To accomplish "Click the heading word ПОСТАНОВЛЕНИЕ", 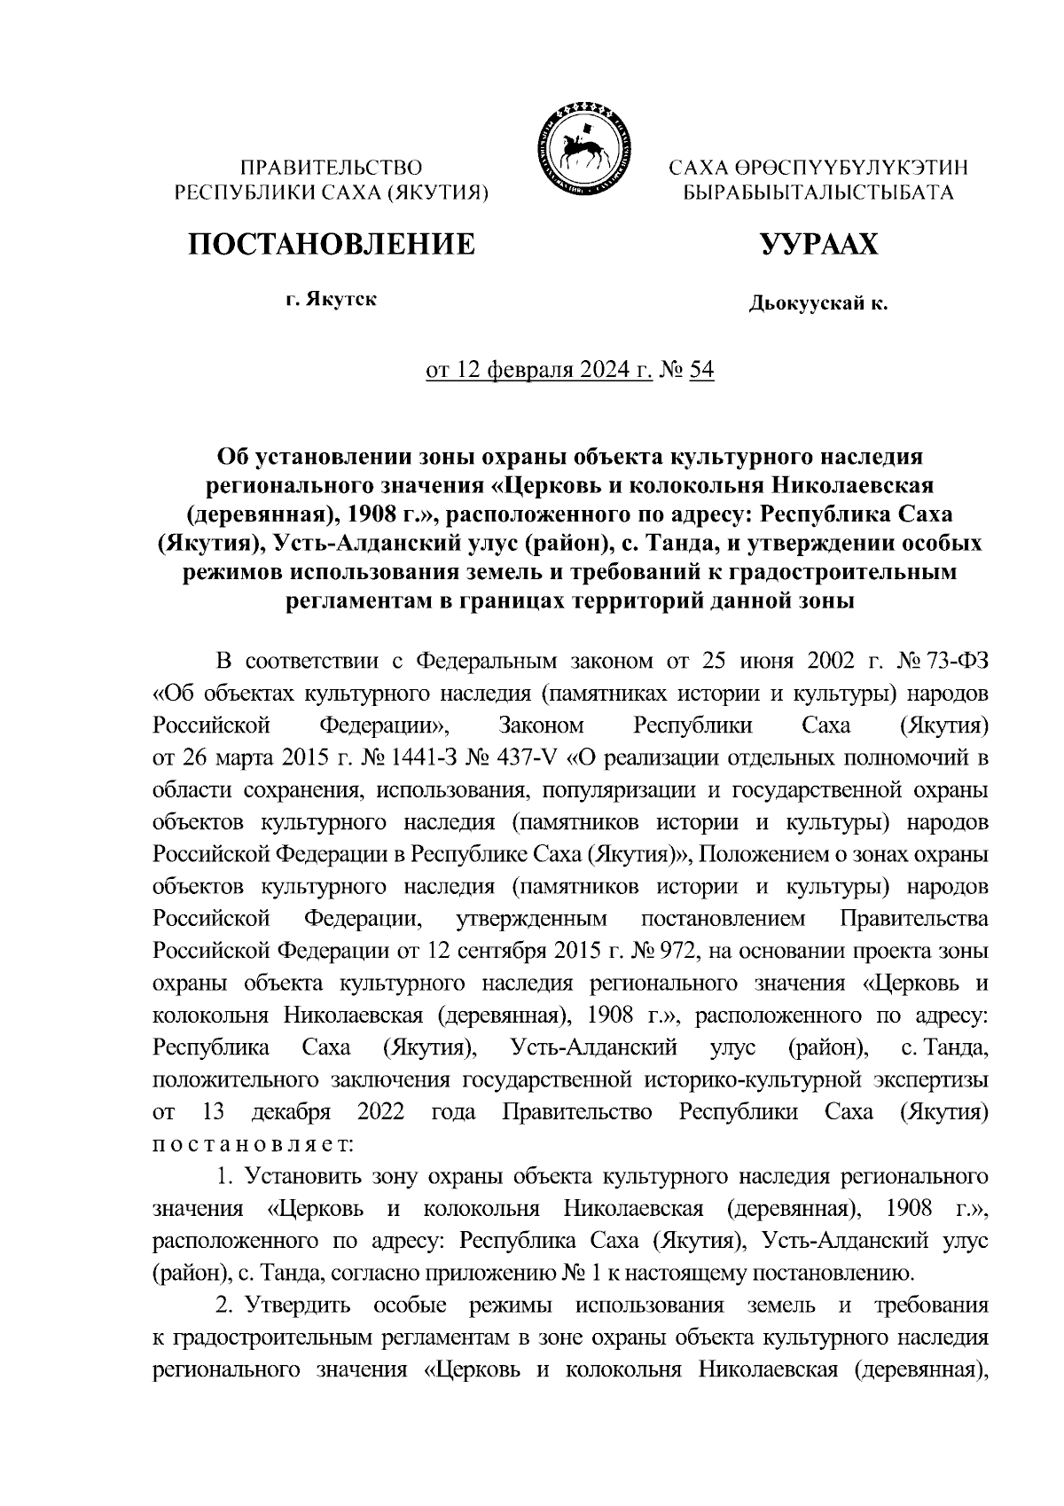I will click(331, 244).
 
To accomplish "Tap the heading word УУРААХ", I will click(818, 244).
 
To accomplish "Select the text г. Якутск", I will click(331, 299).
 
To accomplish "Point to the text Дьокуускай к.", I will click(818, 305).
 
